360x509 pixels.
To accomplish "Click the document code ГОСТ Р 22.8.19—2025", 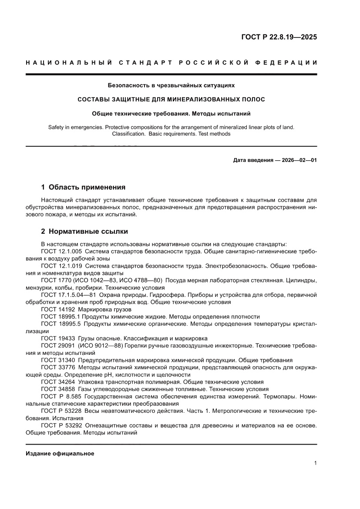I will pos(279,37).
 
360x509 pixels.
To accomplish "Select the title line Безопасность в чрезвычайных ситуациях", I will pos(171,85).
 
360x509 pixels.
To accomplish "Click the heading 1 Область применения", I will pos(83,187).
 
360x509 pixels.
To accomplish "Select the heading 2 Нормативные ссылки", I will pos(84,231).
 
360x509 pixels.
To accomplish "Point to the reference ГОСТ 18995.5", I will pos(61,324).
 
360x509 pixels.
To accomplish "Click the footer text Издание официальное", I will pos(60,454).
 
